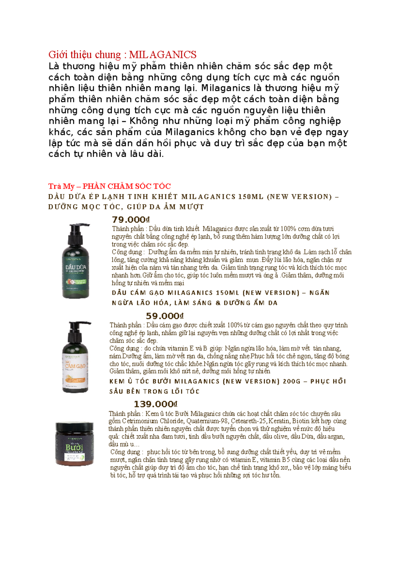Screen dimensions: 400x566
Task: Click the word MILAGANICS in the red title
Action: tap(163, 55)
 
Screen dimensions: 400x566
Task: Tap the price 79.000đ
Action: tap(131, 220)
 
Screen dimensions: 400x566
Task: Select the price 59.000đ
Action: tap(165, 316)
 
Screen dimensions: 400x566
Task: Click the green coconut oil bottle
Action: tap(76, 261)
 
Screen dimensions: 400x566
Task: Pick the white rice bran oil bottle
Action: tap(76, 357)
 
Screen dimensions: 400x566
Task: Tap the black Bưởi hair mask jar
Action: tap(75, 444)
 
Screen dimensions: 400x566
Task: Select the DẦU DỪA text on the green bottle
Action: tap(76, 267)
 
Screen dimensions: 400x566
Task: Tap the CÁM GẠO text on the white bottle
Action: tap(75, 366)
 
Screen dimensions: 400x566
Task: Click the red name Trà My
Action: tap(61, 186)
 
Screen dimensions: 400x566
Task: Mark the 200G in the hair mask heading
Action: tap(292, 381)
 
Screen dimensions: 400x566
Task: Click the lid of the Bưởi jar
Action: tap(75, 426)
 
